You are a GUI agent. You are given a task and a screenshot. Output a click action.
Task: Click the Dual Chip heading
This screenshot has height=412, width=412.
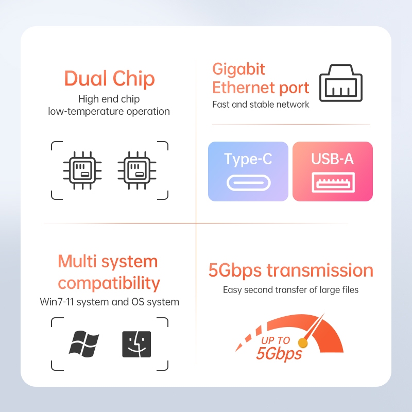(x=109, y=78)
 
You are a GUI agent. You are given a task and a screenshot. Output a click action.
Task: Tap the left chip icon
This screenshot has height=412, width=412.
(x=82, y=170)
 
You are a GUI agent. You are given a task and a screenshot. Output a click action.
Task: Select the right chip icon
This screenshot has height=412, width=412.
(x=137, y=170)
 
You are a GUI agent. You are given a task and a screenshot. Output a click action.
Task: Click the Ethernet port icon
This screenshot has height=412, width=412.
(x=341, y=83)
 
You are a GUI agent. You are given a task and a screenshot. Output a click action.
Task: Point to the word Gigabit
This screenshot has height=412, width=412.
(x=238, y=69)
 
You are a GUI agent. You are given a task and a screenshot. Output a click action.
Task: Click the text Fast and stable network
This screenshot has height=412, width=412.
(x=261, y=105)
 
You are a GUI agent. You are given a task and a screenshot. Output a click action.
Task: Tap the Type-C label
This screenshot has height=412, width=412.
(x=248, y=159)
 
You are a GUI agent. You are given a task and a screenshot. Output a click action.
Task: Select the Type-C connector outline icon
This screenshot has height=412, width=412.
(x=249, y=183)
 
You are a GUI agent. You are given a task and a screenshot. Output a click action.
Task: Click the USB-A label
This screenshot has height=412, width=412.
(x=332, y=159)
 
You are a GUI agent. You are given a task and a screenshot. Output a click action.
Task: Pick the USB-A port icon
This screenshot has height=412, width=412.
(x=333, y=182)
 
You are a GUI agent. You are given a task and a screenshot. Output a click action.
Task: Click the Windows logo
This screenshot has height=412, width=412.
(x=84, y=344)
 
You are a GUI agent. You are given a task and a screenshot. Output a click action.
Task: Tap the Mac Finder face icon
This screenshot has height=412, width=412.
(x=136, y=344)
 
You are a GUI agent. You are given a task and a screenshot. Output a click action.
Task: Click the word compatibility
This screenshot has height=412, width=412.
(x=109, y=283)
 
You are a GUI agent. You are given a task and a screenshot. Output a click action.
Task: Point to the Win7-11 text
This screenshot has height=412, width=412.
(x=57, y=302)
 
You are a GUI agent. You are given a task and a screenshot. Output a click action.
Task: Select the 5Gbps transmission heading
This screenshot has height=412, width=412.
(x=290, y=270)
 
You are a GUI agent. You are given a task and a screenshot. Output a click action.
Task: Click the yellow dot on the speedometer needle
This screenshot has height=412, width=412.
(x=303, y=342)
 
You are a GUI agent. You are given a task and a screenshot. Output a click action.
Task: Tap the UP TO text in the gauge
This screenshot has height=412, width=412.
(x=276, y=340)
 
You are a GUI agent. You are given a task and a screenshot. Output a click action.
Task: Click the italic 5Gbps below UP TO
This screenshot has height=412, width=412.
(x=279, y=354)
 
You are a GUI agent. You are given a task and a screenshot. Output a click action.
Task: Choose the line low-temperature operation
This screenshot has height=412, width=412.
(x=109, y=111)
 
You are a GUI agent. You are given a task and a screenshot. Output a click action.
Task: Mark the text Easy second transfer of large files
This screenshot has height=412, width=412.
(x=290, y=290)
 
